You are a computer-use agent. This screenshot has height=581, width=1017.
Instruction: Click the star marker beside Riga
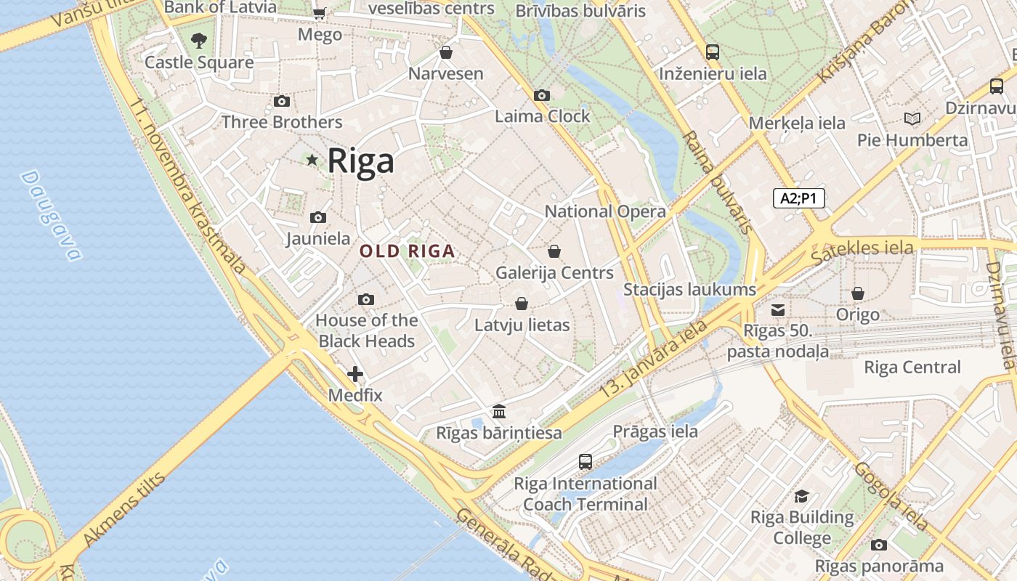[312, 160]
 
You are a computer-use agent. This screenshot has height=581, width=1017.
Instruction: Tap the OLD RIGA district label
[408, 251]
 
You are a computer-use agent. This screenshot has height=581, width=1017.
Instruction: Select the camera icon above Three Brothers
[282, 101]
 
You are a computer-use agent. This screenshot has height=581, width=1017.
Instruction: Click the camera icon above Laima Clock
[541, 95]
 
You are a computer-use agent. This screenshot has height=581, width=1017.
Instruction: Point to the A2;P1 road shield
[799, 198]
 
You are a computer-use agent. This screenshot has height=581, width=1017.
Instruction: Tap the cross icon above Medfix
[355, 374]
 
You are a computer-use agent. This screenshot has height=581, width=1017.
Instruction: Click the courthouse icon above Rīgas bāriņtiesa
[499, 412]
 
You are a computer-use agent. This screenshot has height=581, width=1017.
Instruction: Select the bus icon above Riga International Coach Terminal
[586, 461]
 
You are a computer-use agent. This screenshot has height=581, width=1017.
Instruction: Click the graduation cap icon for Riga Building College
[801, 496]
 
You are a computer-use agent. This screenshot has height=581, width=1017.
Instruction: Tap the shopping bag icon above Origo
[858, 293]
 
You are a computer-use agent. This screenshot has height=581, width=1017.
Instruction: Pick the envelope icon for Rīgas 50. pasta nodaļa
[778, 310]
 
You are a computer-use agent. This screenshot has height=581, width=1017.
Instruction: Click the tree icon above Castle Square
[199, 41]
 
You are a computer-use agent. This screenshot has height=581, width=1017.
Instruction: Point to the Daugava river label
[51, 216]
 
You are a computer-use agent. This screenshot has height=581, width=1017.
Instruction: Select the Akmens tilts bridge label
[124, 509]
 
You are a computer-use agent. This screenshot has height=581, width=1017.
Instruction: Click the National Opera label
[605, 211]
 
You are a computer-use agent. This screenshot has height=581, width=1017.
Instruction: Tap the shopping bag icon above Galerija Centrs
[554, 251]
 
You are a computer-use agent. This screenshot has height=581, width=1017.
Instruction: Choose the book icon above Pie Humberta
[912, 118]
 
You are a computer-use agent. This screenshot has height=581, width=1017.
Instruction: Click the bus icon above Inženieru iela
[713, 52]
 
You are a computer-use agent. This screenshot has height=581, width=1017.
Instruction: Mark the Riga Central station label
[912, 367]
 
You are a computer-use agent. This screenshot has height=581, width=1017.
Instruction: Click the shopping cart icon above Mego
[319, 12]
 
